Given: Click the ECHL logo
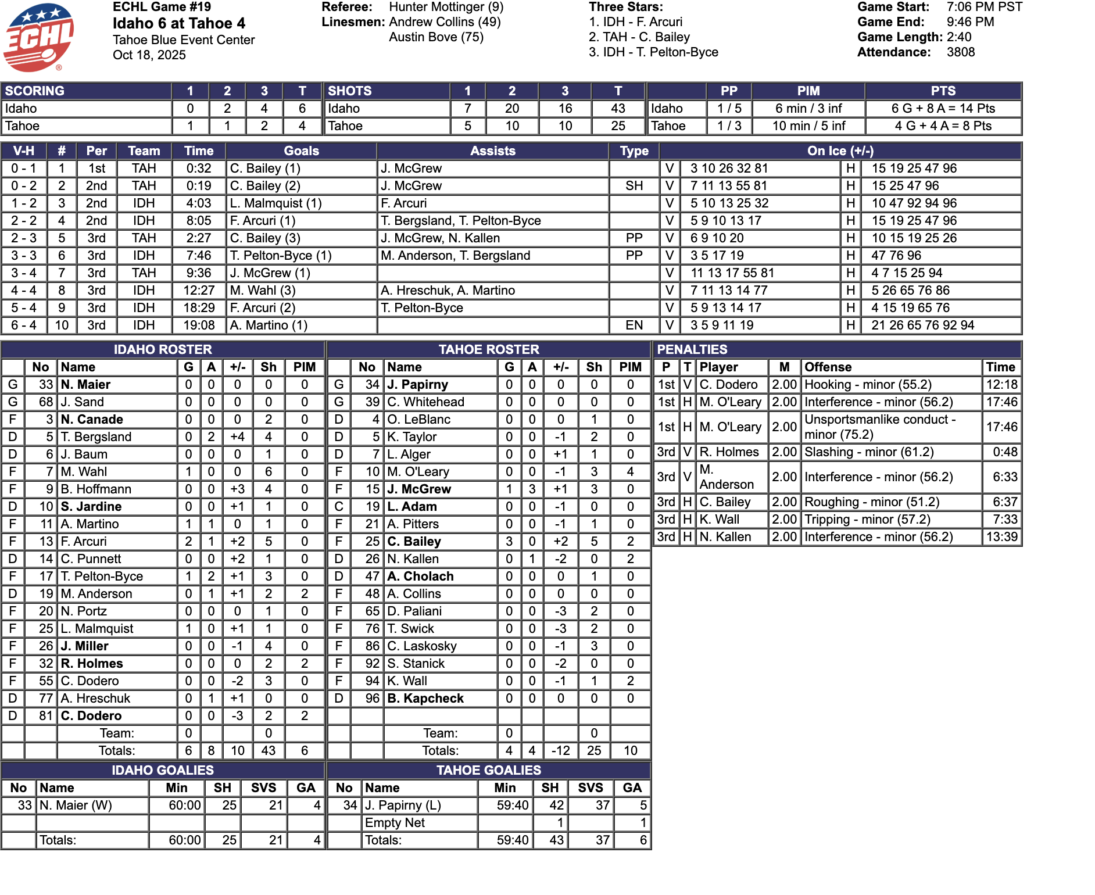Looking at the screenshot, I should point(38,37).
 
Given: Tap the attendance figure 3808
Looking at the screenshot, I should point(961,52).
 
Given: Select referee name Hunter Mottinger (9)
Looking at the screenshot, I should point(446,7).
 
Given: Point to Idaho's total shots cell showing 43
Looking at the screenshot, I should point(618,109).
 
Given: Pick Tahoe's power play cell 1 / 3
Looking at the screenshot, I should point(729,126).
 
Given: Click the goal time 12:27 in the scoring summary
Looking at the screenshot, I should point(199,291).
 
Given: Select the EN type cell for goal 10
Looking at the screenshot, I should point(634,325).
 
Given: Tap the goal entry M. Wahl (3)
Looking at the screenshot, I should point(263,291).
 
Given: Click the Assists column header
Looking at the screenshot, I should point(492,151).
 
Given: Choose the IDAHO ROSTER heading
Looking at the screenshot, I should point(163,350).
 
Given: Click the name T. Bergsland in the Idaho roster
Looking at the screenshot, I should point(96,437).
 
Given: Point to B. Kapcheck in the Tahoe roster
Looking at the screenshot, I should point(425,699).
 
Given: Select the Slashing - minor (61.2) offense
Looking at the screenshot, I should point(869,452).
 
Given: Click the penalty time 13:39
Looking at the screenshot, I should point(1001,537).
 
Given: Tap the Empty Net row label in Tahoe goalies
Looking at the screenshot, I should point(395,823).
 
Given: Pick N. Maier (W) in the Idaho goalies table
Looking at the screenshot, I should point(76,806).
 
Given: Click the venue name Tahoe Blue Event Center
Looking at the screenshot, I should point(184,40).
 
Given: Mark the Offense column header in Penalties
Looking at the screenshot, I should point(828,367).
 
